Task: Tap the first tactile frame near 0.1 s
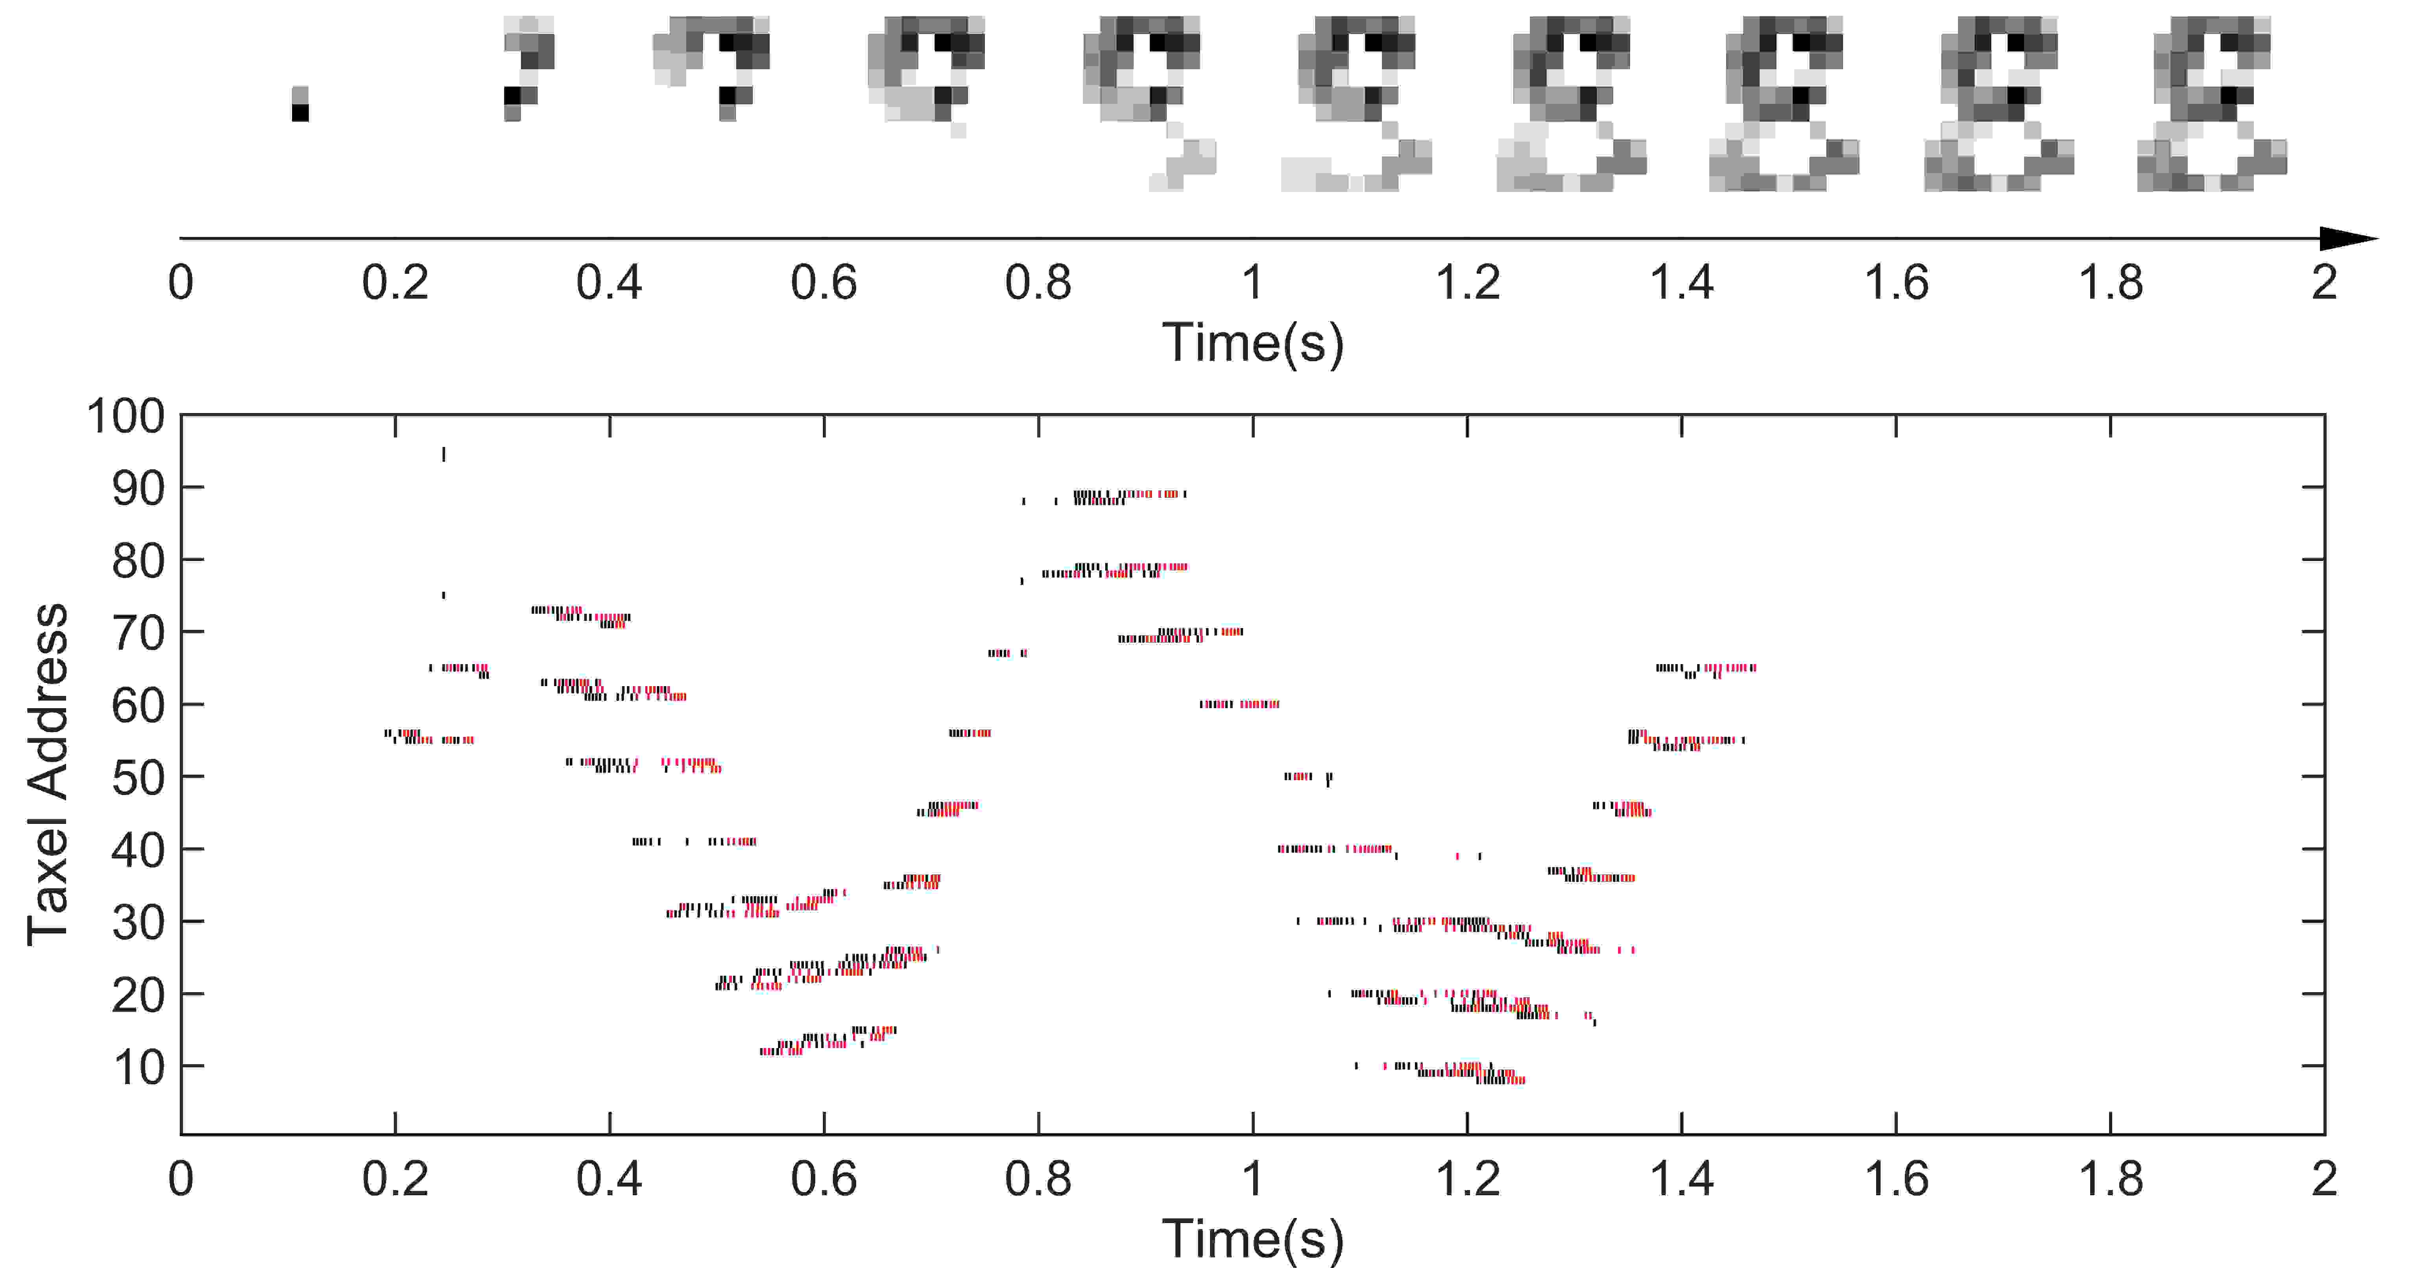[x=300, y=104]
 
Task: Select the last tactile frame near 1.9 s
[x=2212, y=103]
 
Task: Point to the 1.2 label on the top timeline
[x=1468, y=282]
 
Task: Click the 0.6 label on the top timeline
[x=824, y=282]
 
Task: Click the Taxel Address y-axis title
[x=47, y=774]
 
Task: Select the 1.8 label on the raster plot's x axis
[x=2110, y=1178]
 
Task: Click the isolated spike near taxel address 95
[x=443, y=454]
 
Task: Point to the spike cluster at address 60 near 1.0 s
[x=1239, y=704]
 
